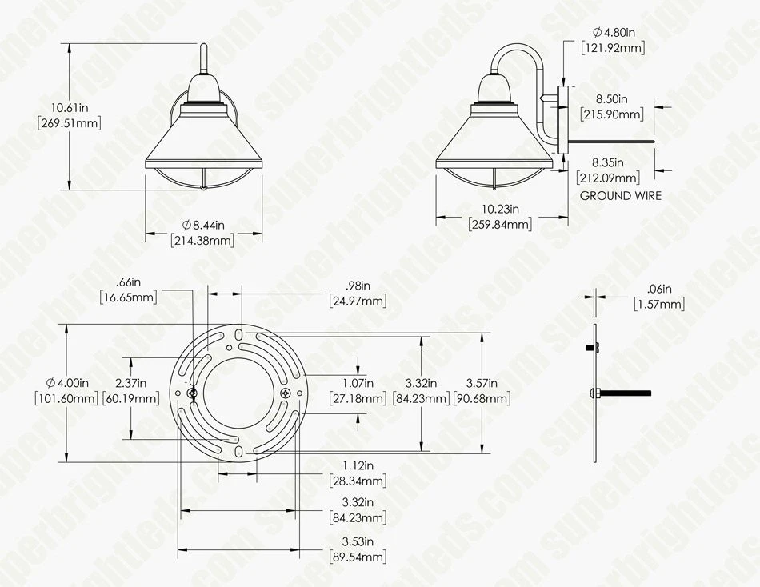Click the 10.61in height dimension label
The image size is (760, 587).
point(70,107)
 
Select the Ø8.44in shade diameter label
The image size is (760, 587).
point(203,226)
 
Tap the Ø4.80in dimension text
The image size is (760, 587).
point(613,33)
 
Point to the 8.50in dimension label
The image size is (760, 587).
point(611,99)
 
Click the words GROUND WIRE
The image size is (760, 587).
point(620,195)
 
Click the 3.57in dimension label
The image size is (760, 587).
point(481,383)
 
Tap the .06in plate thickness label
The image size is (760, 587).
point(661,290)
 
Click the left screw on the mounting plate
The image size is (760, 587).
point(191,393)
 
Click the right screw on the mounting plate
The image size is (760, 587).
point(285,393)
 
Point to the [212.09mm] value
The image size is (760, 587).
point(611,178)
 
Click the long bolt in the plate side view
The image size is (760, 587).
point(628,393)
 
